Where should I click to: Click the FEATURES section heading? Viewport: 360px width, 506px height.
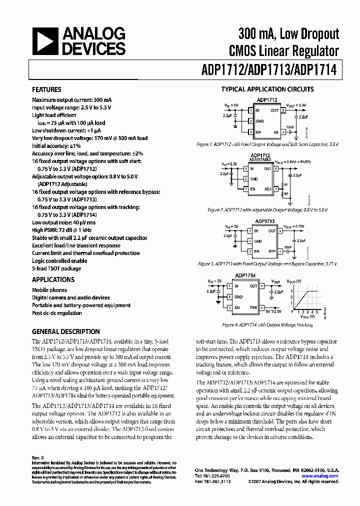(x=46, y=90)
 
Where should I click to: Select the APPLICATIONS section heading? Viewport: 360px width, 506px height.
(x=53, y=279)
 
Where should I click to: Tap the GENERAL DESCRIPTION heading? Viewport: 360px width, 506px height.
(x=65, y=331)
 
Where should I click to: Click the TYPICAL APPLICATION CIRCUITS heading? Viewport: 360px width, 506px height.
(x=267, y=89)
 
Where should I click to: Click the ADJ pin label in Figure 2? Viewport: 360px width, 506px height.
(x=267, y=189)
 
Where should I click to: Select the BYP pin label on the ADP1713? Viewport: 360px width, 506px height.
(x=272, y=251)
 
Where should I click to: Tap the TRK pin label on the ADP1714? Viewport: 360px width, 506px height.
(x=254, y=307)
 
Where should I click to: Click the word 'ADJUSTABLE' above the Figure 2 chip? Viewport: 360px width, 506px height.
(x=260, y=159)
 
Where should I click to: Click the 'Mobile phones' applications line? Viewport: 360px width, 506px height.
(x=49, y=290)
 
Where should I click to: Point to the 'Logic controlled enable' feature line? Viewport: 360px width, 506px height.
(x=59, y=261)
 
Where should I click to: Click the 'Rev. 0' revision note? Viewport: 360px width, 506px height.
(x=38, y=457)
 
